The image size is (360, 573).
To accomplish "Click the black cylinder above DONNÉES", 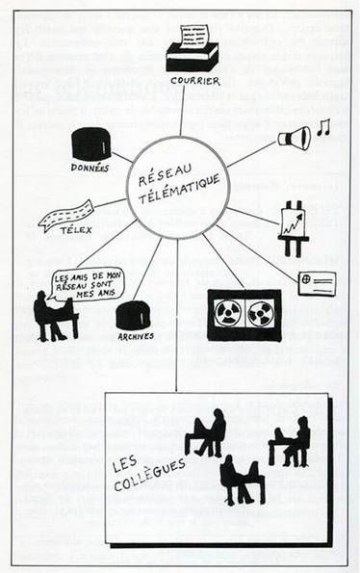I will coord(90,143).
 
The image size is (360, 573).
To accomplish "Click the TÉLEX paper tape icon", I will coord(65,215).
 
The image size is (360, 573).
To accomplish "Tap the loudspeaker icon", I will coord(294,138).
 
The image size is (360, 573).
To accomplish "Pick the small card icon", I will coord(316,282).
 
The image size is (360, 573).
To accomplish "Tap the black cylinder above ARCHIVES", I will coord(133,314).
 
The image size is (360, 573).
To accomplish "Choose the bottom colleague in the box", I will coord(241,481).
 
